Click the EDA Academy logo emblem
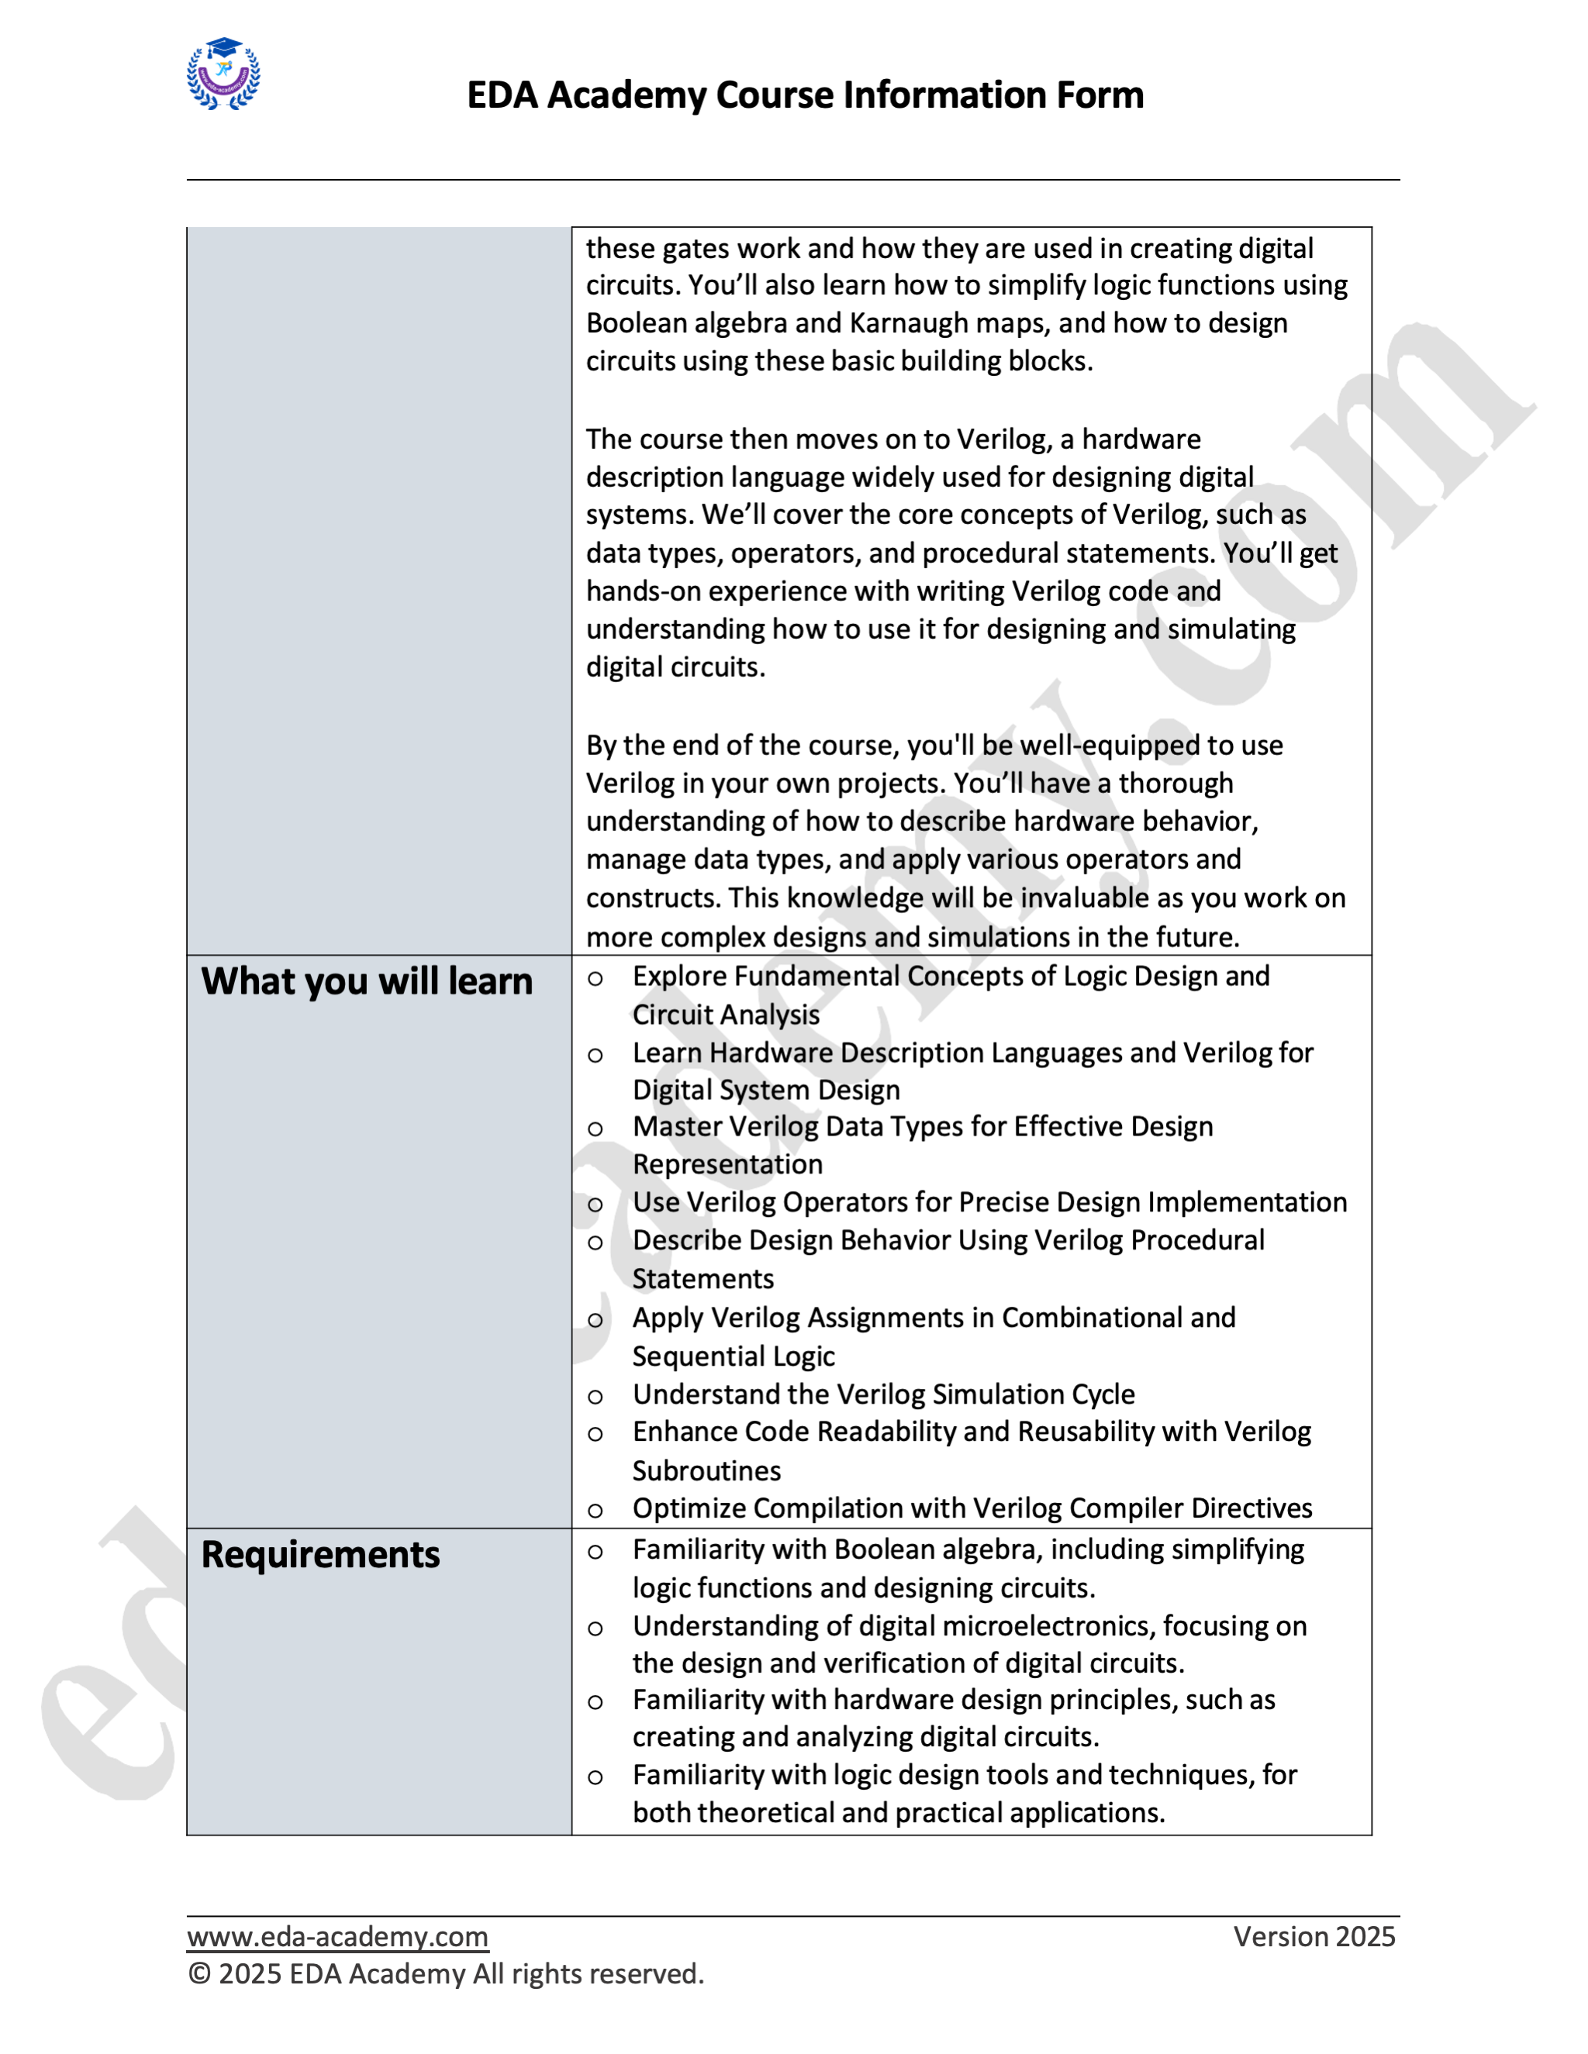(224, 74)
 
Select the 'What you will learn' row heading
(367, 981)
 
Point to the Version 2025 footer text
(1314, 1936)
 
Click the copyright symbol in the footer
(199, 1974)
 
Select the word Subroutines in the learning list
(706, 1470)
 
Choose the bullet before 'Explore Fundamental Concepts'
(595, 979)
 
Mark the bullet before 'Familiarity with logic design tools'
(595, 1777)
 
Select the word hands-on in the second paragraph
(644, 591)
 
